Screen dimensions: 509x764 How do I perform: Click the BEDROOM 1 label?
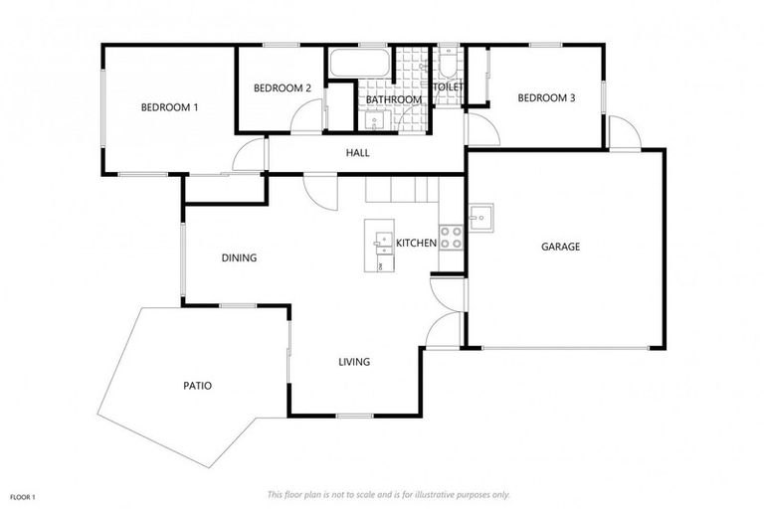click(x=169, y=106)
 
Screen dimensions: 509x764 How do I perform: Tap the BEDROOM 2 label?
click(x=283, y=88)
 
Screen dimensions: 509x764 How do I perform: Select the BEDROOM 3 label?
click(x=546, y=97)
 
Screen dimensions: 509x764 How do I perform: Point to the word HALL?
click(x=357, y=153)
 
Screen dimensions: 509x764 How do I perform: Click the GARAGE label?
click(x=560, y=247)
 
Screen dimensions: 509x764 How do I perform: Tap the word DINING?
click(x=239, y=257)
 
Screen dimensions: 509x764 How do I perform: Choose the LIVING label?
click(x=354, y=362)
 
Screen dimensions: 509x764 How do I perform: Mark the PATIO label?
click(x=197, y=386)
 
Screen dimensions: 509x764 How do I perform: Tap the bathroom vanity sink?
click(x=374, y=122)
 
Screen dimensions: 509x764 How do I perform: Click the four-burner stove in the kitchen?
click(x=451, y=238)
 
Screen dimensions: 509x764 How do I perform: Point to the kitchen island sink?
click(x=381, y=242)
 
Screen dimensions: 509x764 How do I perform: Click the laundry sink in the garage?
click(x=480, y=217)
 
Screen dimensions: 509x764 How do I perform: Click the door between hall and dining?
click(x=320, y=189)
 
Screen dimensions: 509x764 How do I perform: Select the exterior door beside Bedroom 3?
click(x=624, y=133)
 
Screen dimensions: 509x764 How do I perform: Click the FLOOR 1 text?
click(x=23, y=495)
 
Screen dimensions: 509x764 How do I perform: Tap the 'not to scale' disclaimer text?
click(x=388, y=494)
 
